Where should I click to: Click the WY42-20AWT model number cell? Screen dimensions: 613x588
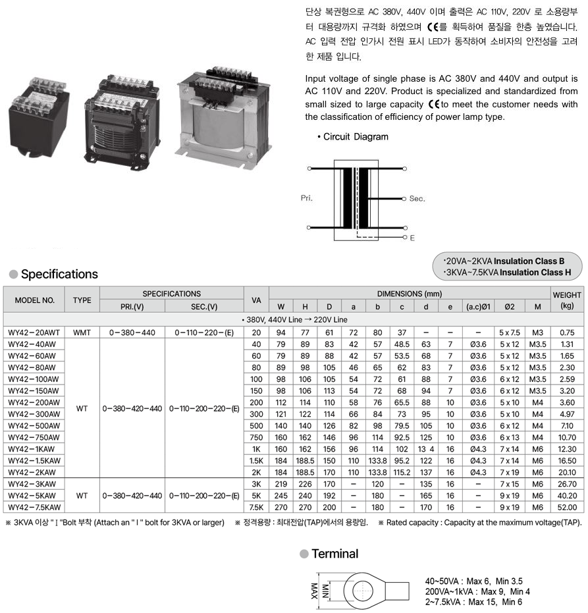pyautogui.click(x=34, y=333)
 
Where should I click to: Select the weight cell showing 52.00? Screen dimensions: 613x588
pyautogui.click(x=567, y=508)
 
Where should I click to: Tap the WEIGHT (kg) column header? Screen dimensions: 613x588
pyautogui.click(x=567, y=300)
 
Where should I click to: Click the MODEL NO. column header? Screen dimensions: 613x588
pyautogui.click(x=34, y=300)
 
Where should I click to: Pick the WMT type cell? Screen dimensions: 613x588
pyautogui.click(x=82, y=333)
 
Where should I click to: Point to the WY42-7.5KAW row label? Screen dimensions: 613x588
pyautogui.click(x=34, y=508)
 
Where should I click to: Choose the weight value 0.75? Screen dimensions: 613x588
pyautogui.click(x=567, y=333)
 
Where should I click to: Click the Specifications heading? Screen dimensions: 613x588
pyautogui.click(x=59, y=274)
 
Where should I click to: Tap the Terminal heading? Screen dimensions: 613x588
pyautogui.click(x=334, y=554)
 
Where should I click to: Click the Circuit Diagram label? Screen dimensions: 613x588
pyautogui.click(x=356, y=137)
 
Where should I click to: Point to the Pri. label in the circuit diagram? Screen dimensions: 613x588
pyautogui.click(x=307, y=198)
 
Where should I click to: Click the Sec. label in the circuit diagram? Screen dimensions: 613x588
pyautogui.click(x=417, y=198)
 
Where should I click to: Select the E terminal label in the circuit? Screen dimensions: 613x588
pyautogui.click(x=412, y=238)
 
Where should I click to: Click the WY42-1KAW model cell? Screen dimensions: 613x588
pyautogui.click(x=34, y=449)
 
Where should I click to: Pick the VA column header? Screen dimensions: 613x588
pyautogui.click(x=256, y=300)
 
